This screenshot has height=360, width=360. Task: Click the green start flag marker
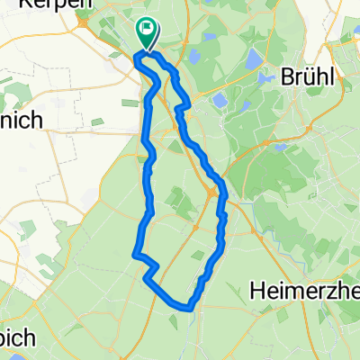[x=146, y=34]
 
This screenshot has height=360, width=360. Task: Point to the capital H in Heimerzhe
[x=256, y=290]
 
